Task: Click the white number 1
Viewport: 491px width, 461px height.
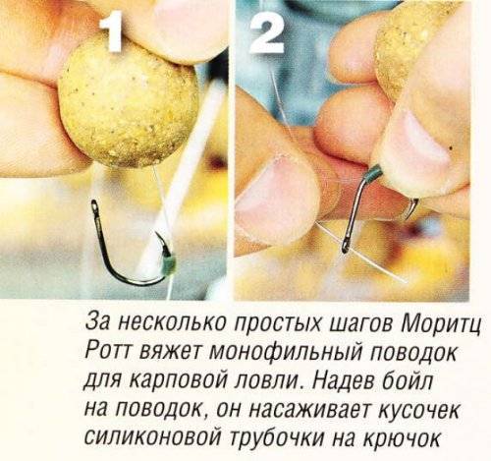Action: click(x=111, y=34)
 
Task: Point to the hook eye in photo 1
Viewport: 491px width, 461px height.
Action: click(x=94, y=206)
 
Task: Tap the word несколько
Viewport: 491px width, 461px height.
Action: click(x=175, y=323)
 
